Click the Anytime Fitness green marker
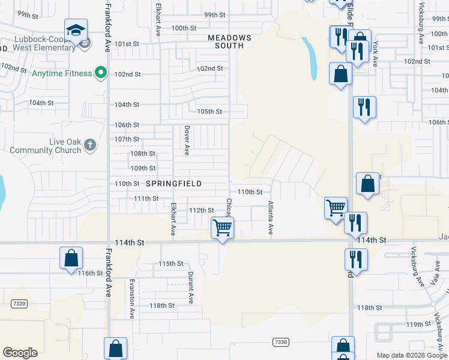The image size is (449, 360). coord(101,74)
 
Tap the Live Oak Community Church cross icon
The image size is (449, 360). coord(89,145)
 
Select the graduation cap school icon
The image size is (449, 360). coord(76,30)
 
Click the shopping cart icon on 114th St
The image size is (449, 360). coord(222,228)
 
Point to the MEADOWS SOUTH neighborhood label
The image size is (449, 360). coord(226,41)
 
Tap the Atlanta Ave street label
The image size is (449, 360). coord(271,217)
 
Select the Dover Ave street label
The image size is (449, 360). coord(187,138)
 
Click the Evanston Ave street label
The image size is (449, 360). coord(131,298)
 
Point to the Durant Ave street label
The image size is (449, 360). coord(191,287)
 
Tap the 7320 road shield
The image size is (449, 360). coord(19,304)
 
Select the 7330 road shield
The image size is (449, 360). coord(280,342)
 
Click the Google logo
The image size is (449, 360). coord(20,353)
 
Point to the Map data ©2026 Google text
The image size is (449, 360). coord(411,355)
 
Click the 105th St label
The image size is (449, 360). coord(209,112)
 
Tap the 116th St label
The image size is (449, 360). coord(91,273)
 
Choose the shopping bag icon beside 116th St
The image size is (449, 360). coord(71,257)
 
